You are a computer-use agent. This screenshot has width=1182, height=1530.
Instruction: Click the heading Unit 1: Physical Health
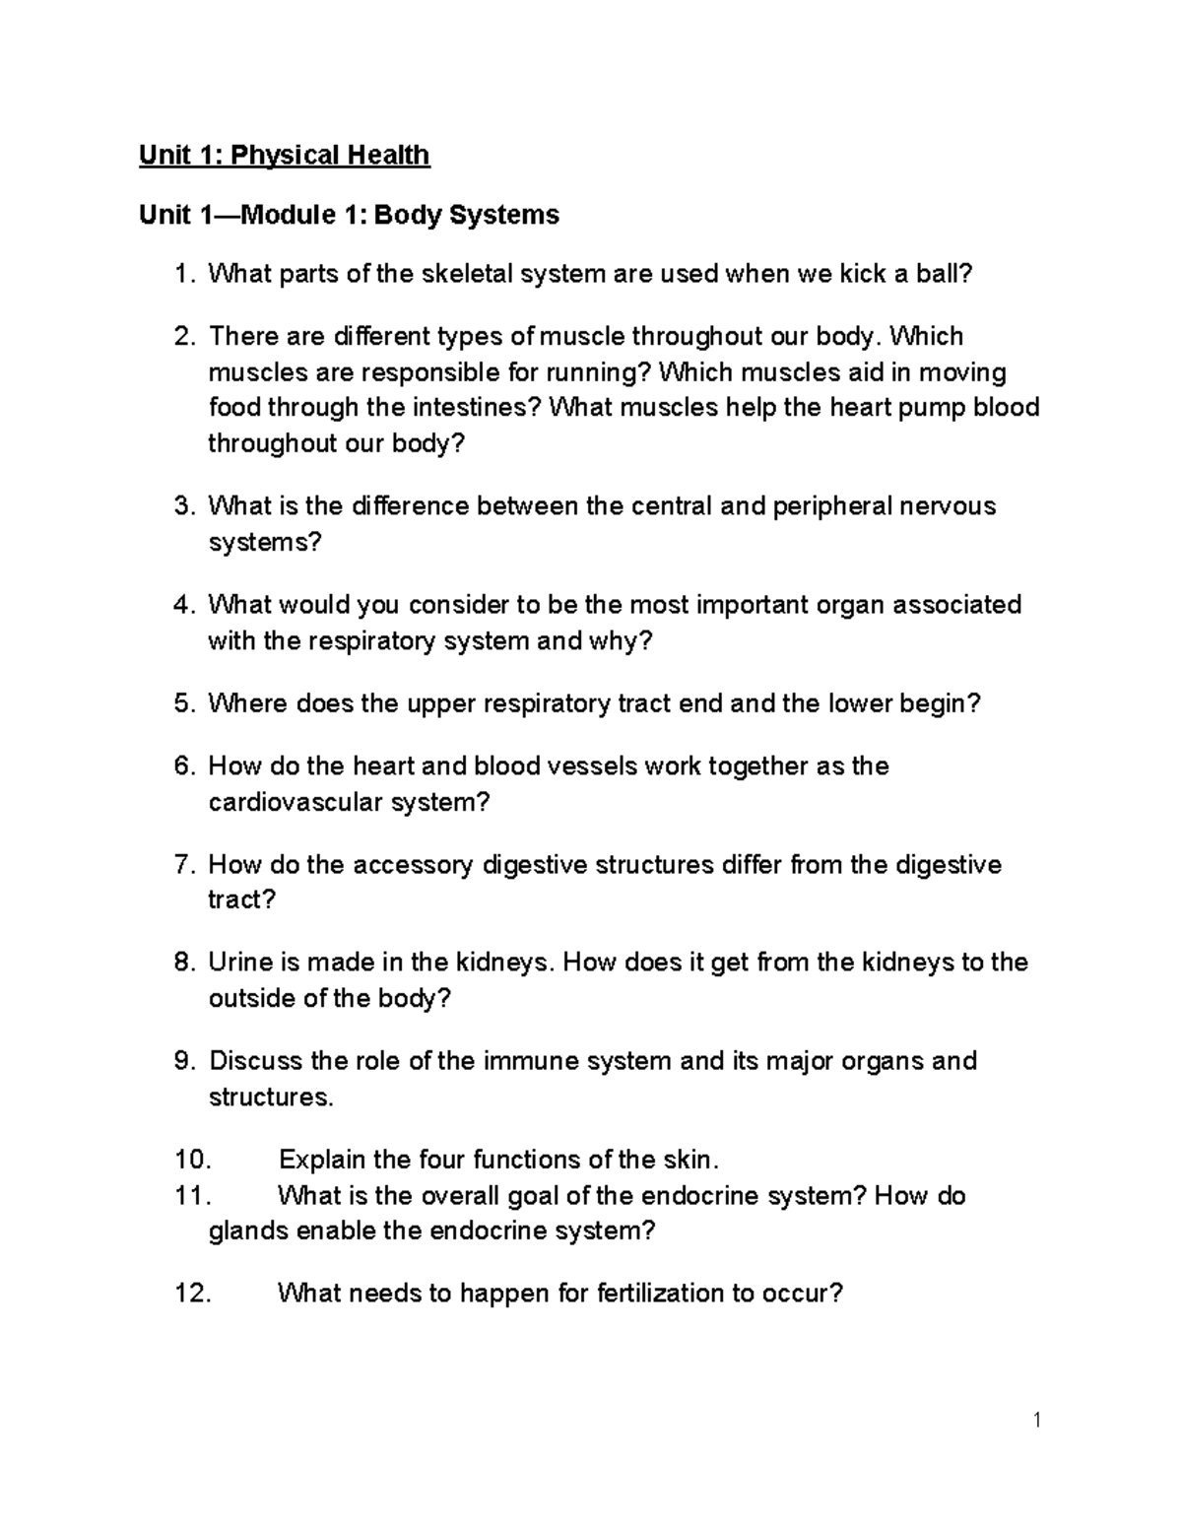click(x=285, y=156)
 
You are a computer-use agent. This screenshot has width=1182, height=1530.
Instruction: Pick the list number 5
click(x=183, y=704)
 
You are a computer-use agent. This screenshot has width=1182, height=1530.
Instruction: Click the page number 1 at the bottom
click(x=1037, y=1420)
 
